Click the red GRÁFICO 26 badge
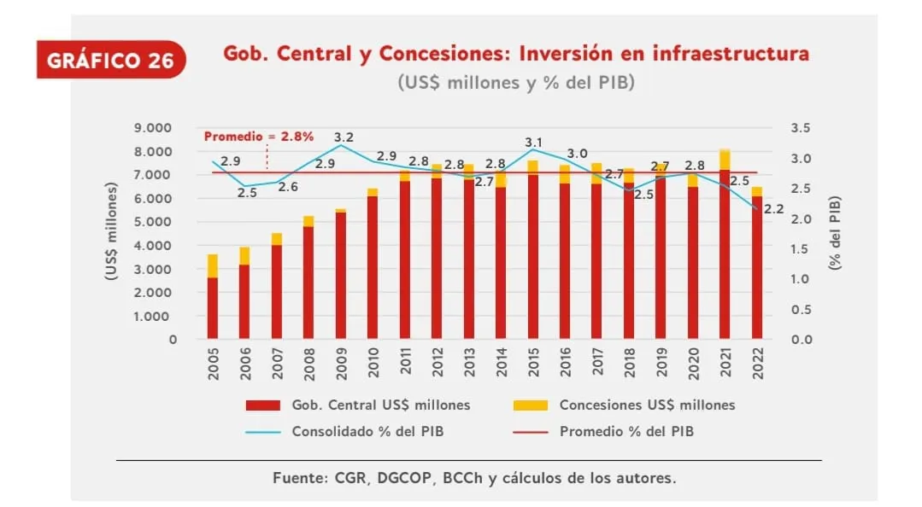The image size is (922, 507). [x=110, y=60]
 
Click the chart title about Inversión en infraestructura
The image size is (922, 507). [x=515, y=54]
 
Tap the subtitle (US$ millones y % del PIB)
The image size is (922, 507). [x=515, y=83]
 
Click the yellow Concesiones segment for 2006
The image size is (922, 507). [x=244, y=256]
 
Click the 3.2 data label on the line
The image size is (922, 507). [x=344, y=137]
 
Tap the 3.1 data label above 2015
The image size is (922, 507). [x=533, y=142]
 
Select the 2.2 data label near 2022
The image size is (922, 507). [x=774, y=208]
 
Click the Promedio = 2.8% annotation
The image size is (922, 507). [x=258, y=136]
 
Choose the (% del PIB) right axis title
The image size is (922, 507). [x=837, y=233]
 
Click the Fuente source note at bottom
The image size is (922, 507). [x=474, y=477]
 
